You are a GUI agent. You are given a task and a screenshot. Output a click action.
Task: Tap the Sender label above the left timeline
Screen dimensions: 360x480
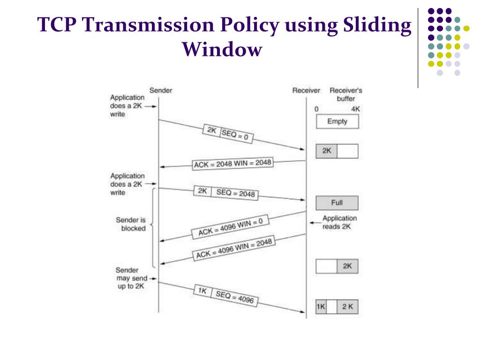click(x=160, y=90)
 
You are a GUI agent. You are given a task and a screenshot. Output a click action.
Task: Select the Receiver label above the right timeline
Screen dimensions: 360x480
click(x=306, y=90)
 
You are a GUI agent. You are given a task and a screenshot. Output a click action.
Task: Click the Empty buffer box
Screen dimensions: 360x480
click(x=337, y=121)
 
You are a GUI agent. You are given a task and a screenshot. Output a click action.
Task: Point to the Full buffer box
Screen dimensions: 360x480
click(x=337, y=203)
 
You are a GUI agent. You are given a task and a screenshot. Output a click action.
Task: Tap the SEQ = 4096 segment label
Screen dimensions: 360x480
click(x=236, y=296)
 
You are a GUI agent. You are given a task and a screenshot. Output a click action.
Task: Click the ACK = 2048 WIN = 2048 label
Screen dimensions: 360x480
click(x=232, y=164)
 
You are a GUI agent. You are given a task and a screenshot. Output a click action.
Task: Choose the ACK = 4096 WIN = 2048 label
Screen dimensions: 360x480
click(x=233, y=248)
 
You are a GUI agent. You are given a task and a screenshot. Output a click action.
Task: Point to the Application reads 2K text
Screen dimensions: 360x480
click(x=339, y=222)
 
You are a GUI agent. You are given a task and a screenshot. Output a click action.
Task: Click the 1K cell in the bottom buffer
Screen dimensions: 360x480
click(x=321, y=307)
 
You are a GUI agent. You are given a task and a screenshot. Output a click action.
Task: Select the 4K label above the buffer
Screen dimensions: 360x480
click(x=356, y=109)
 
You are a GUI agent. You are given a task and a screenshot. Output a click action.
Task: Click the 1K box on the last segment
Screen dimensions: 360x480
click(x=202, y=291)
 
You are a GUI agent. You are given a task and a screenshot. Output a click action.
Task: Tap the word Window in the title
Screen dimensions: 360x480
click(x=222, y=49)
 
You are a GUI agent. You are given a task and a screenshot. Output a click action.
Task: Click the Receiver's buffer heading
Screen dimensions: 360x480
click(x=346, y=94)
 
